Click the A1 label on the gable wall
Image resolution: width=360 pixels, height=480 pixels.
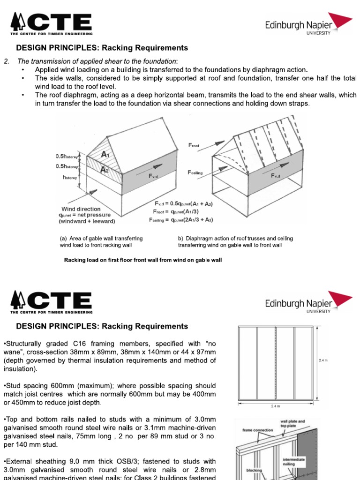click(106, 154)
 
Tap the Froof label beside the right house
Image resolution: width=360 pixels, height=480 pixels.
click(194, 146)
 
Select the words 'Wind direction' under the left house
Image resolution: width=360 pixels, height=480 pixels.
click(81, 209)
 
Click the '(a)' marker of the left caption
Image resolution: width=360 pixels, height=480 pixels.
click(63, 239)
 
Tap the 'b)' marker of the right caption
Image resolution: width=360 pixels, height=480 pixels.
click(181, 239)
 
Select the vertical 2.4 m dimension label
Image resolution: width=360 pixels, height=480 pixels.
click(323, 360)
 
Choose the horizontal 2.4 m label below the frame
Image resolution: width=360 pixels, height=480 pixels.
click(276, 406)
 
